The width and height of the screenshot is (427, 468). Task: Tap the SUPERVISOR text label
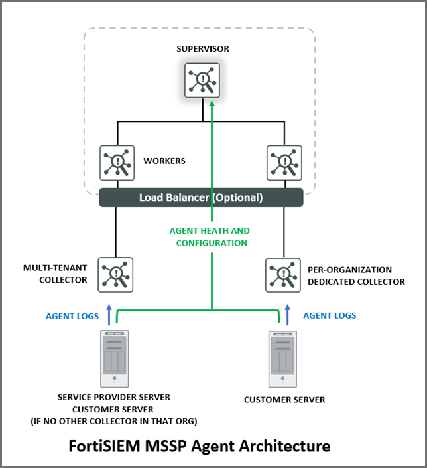coord(203,49)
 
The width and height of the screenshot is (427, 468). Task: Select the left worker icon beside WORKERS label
coord(117,163)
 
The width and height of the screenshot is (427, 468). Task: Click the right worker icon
coord(284,163)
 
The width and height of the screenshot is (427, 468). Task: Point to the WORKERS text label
coord(164,161)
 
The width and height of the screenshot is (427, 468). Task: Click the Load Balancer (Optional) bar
coord(201,198)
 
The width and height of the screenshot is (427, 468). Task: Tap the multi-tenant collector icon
coord(115,275)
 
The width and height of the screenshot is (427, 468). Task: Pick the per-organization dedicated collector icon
coord(284,275)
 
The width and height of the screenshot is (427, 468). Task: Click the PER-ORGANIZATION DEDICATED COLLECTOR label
coord(356,275)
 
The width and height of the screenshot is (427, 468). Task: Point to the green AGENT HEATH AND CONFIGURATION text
coord(210,237)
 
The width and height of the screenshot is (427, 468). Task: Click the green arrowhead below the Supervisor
coord(212,103)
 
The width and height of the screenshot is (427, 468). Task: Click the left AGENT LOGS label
coord(72,316)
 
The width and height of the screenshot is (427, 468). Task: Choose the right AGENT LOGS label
coord(330,315)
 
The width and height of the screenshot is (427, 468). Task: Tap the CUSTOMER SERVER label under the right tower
coord(284,400)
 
